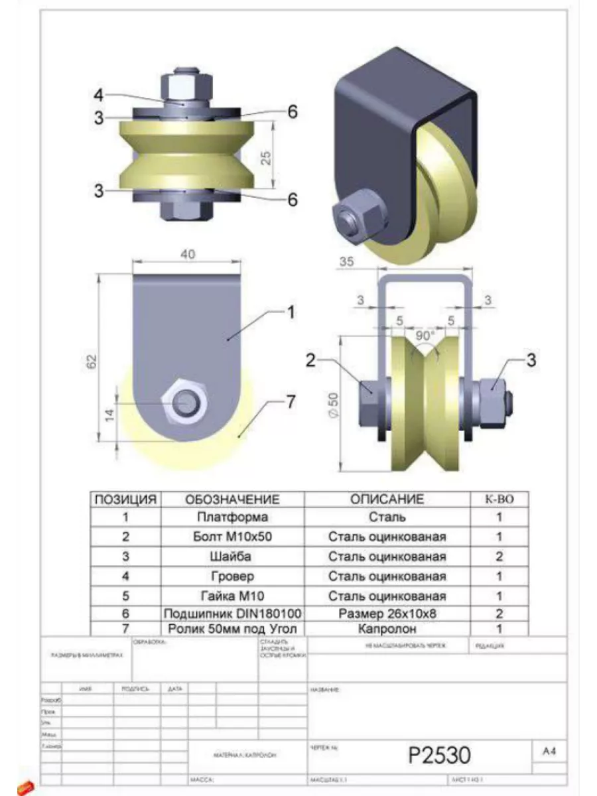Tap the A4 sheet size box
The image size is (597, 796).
(x=549, y=751)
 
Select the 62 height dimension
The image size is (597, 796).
(x=92, y=361)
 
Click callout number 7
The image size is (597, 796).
(x=290, y=401)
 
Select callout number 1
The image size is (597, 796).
(x=289, y=311)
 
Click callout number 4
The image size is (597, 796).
(x=98, y=94)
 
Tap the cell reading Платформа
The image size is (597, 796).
(x=232, y=517)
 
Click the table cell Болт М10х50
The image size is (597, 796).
(x=232, y=536)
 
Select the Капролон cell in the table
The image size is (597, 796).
(x=387, y=628)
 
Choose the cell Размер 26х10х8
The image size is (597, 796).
(x=387, y=613)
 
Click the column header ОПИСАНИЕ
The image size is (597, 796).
(x=387, y=499)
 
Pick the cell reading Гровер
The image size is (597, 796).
(x=232, y=576)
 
